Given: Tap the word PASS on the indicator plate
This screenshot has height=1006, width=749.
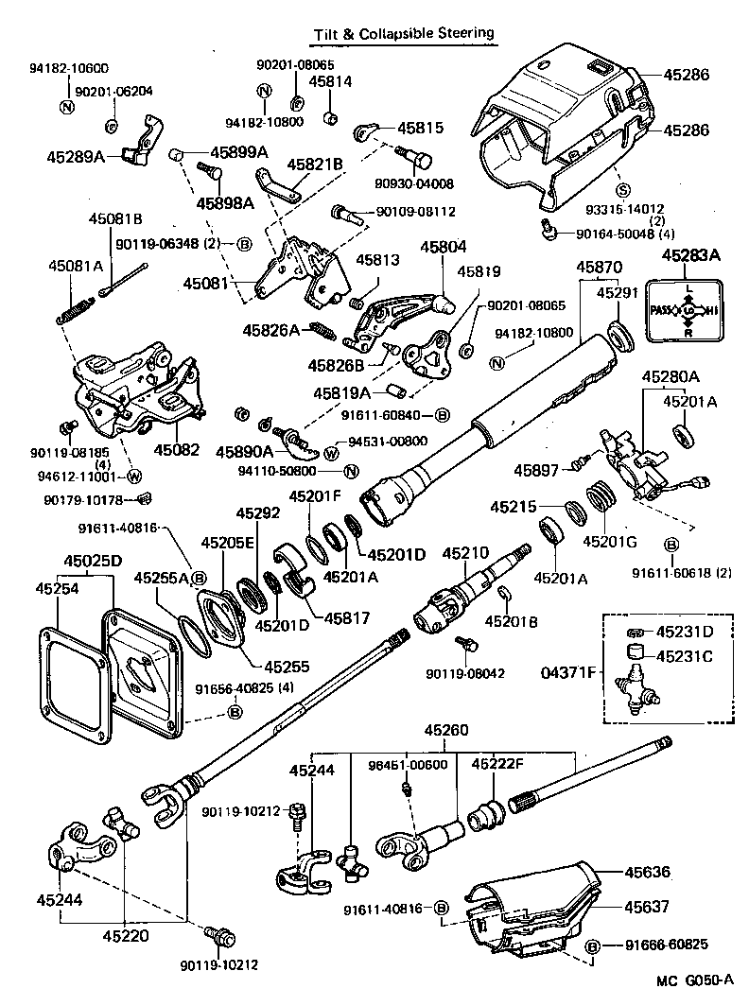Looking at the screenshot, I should [663, 311].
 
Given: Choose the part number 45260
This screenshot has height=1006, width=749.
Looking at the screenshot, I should [445, 731].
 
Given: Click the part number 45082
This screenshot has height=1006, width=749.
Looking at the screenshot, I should [177, 450].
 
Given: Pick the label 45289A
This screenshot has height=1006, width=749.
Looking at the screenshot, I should [76, 156].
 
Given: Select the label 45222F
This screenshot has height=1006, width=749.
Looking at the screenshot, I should [497, 763].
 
